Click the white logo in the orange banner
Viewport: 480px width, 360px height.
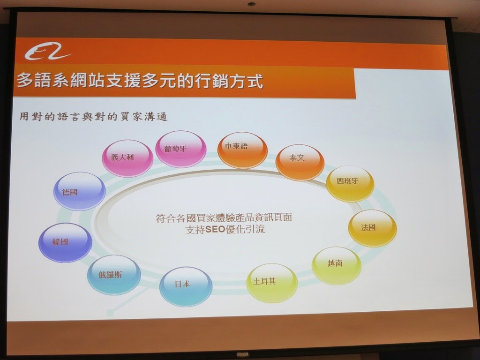[47, 52]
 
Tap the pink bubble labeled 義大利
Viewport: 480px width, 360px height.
[127, 158]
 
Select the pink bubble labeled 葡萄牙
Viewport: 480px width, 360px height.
[180, 149]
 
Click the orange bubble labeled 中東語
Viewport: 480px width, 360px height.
[242, 150]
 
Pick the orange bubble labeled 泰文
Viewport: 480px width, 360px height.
[300, 162]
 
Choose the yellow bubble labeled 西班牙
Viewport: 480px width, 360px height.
[350, 184]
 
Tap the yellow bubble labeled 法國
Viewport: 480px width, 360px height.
[372, 228]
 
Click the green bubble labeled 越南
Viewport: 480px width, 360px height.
[337, 265]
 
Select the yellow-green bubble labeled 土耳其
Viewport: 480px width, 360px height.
[272, 283]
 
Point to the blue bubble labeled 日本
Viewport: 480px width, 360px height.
[186, 286]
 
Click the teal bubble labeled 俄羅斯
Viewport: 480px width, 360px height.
[114, 275]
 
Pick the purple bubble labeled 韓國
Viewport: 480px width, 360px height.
[65, 242]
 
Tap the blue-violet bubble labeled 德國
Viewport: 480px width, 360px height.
[80, 191]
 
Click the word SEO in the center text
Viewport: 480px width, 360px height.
[215, 229]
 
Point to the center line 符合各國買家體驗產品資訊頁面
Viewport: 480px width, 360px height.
[224, 217]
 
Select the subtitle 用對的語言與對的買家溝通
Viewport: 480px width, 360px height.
[93, 117]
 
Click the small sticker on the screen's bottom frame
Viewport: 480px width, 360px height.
[243, 355]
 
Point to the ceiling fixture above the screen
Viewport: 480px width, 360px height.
[251, 4]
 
